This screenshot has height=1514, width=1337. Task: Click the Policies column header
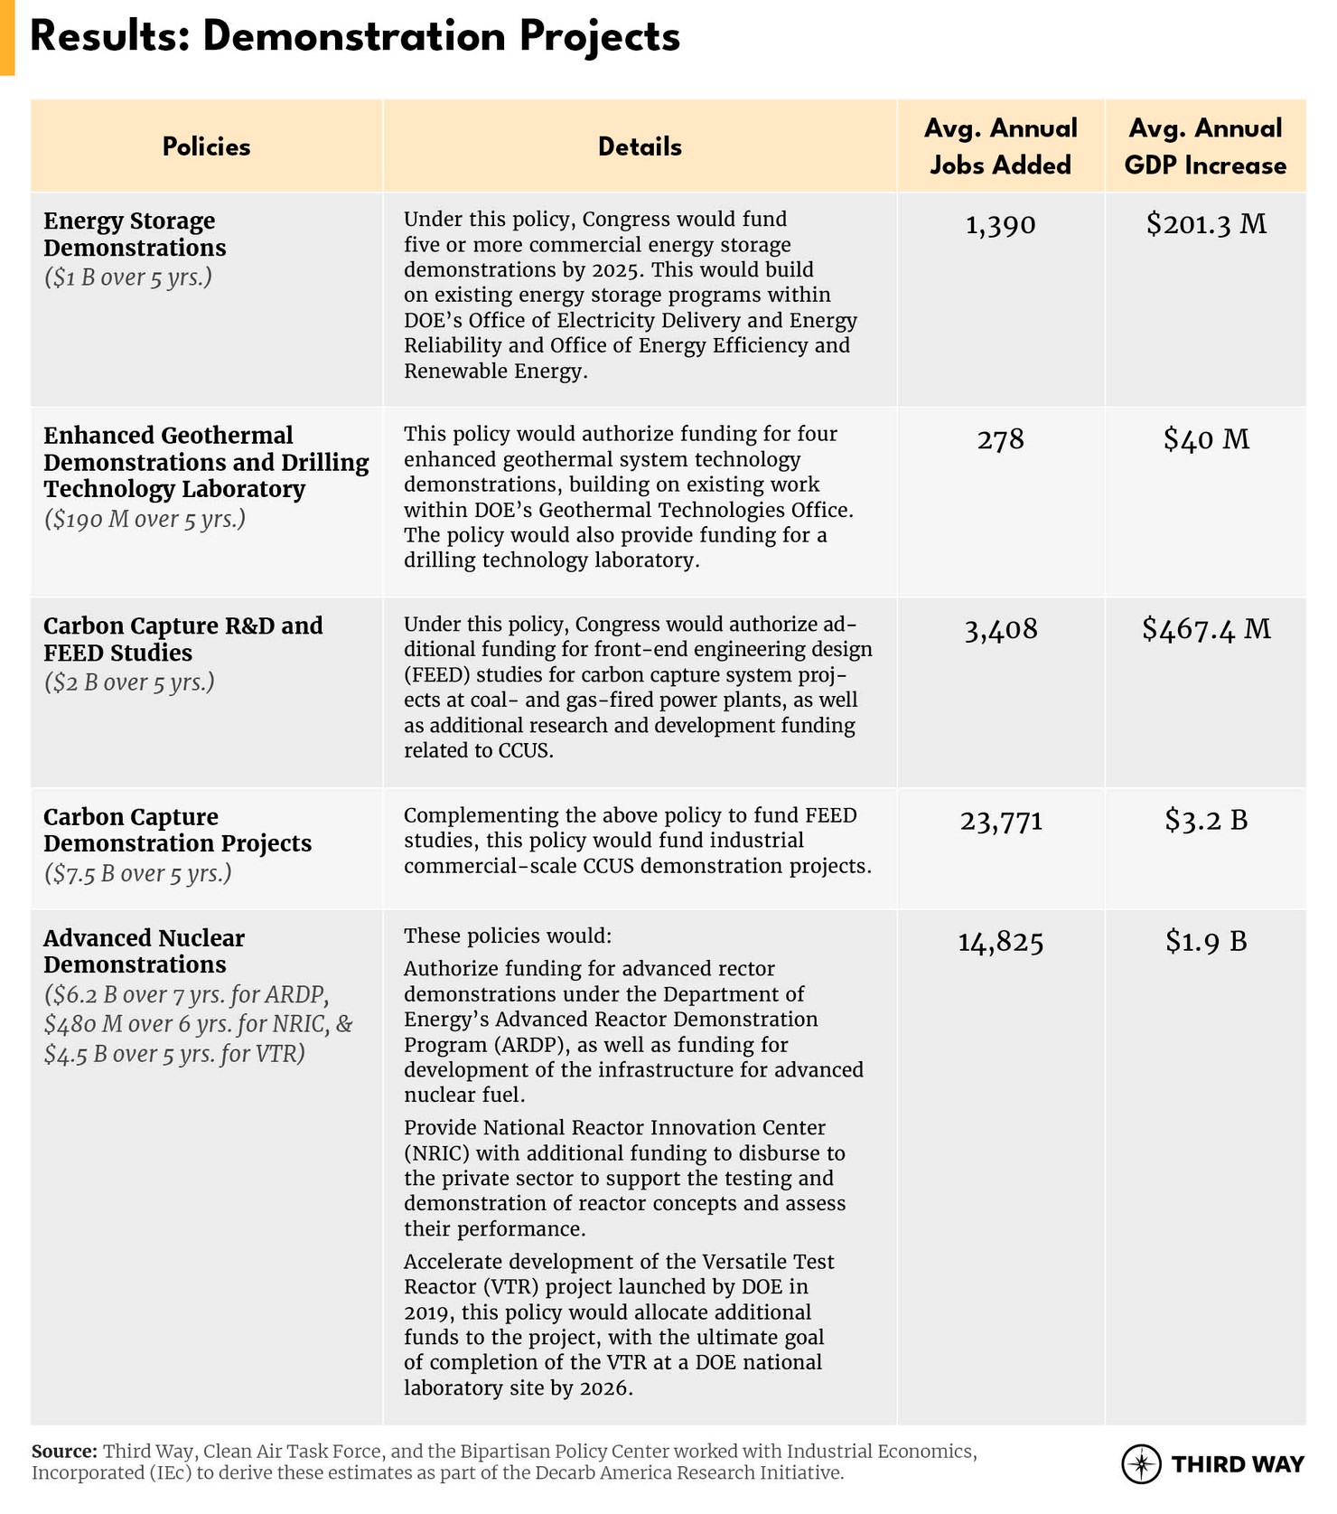[206, 146]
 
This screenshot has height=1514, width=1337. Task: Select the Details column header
[640, 146]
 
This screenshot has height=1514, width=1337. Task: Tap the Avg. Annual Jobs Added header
[1000, 146]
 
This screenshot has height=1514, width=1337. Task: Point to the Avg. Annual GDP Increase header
[1205, 146]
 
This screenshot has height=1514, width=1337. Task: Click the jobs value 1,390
[1000, 224]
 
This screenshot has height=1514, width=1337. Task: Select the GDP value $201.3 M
[1206, 224]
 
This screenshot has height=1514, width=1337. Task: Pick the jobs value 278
[1000, 439]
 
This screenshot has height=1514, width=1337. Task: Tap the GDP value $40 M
[1206, 439]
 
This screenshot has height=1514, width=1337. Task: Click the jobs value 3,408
[1000, 629]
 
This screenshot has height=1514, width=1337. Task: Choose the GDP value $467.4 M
[1206, 629]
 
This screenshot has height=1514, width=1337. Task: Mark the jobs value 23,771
[1000, 821]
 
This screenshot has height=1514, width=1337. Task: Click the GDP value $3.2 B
[1206, 820]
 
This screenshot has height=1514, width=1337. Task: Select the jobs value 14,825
[1000, 943]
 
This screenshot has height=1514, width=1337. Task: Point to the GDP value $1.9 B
[1206, 942]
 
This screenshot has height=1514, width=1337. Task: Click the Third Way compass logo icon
[1141, 1463]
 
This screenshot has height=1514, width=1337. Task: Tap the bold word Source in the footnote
[63, 1452]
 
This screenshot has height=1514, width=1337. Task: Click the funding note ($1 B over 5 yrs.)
[127, 277]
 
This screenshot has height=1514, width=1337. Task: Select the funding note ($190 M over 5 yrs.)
[145, 520]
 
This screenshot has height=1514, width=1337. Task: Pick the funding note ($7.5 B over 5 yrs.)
[137, 874]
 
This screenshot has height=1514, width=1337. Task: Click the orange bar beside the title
[7, 37]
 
